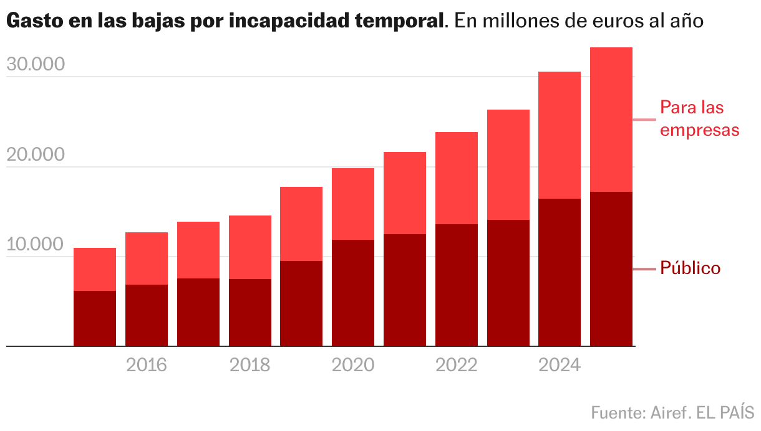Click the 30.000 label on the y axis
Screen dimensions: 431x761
click(x=36, y=65)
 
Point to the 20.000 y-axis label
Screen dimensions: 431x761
click(x=36, y=155)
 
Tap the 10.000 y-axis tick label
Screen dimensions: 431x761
click(x=36, y=245)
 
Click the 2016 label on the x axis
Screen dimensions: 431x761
click(x=147, y=364)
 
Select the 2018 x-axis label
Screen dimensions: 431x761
click(x=250, y=364)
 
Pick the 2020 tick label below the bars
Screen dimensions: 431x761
click(x=353, y=364)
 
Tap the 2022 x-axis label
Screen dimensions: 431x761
click(x=457, y=364)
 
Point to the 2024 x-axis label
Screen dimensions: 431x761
click(x=560, y=364)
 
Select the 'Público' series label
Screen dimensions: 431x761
click(x=690, y=268)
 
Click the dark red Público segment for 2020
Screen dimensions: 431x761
click(x=353, y=293)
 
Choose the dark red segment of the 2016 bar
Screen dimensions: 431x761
click(x=147, y=315)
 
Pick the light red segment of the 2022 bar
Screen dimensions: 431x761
click(x=457, y=178)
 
